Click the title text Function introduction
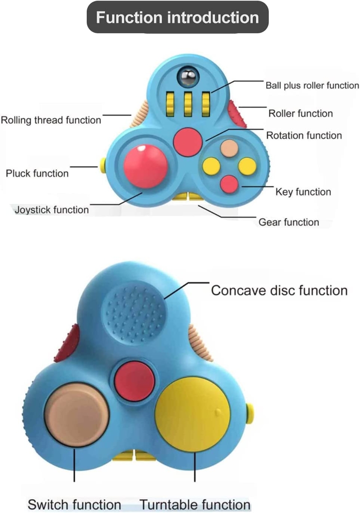pos(177,18)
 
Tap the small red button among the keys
pos(230,184)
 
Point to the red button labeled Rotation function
pos(188,142)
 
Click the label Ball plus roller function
pos(312,86)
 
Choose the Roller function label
pos(300,113)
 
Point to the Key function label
pos(303,192)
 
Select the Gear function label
pos(288,222)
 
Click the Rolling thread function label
pos(51,120)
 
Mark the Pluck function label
pos(37,173)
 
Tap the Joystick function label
pos(52,209)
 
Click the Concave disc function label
pos(279,291)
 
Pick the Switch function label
pos(74,504)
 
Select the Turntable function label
pos(195,504)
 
